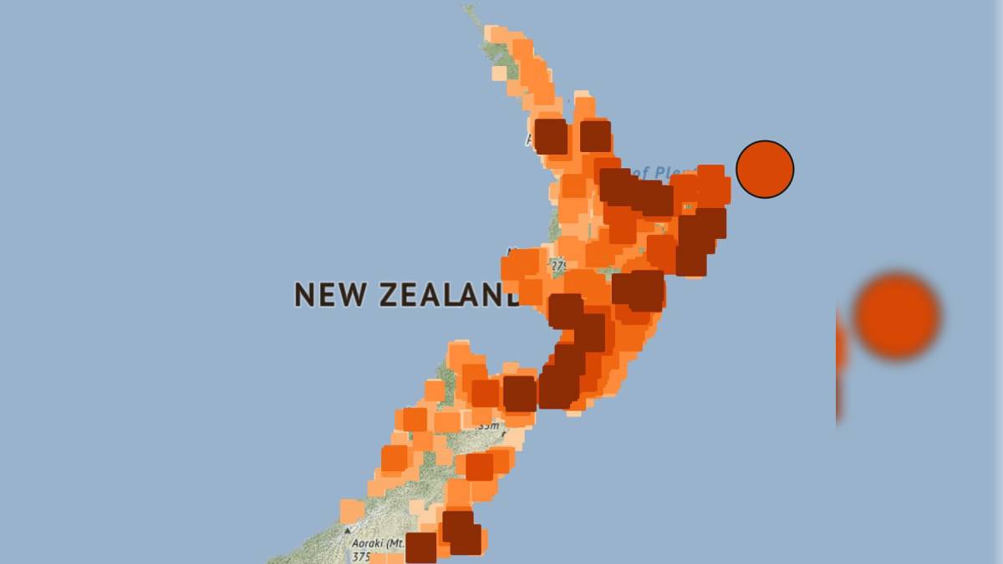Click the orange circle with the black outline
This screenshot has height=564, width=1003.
tap(765, 169)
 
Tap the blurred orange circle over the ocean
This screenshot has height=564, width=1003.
tap(897, 316)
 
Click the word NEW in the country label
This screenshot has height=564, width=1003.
tap(333, 294)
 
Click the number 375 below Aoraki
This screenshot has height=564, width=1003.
tap(361, 556)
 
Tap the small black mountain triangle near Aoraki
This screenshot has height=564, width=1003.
tap(348, 530)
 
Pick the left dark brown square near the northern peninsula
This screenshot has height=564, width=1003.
tap(551, 135)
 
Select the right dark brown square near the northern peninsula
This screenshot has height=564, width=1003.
tap(595, 135)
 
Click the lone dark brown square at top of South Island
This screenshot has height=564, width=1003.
tap(519, 393)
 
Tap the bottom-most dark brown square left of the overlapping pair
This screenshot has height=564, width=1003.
tap(421, 547)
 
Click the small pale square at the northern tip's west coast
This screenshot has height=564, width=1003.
tap(499, 73)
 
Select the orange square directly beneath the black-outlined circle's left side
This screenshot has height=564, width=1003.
tap(711, 185)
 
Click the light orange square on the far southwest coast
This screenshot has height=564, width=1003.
tap(352, 511)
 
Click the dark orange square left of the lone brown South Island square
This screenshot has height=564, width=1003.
tap(485, 393)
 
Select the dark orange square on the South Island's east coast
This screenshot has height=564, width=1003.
tap(479, 466)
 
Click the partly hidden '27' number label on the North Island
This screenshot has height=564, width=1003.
tap(558, 266)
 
